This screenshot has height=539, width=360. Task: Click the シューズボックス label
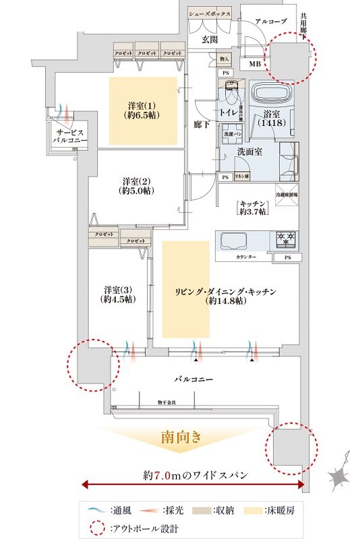[210, 13]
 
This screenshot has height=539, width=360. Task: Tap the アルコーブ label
[271, 22]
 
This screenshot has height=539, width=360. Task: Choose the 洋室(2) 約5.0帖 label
[137, 186]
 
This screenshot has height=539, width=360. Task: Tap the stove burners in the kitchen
[285, 238]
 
